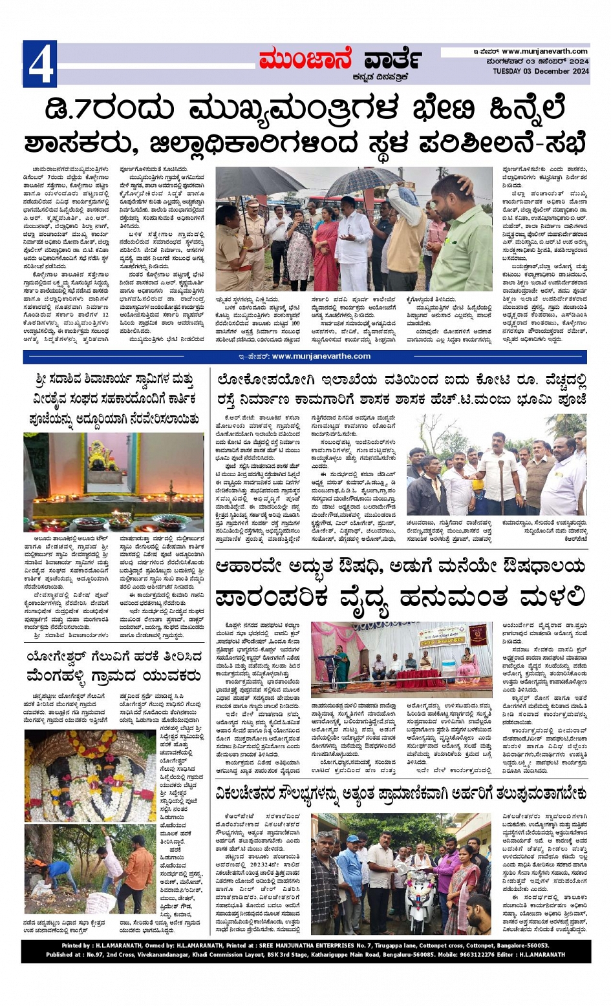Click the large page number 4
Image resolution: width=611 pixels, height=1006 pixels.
(x=40, y=63)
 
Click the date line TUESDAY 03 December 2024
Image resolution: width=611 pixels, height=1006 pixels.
(x=541, y=71)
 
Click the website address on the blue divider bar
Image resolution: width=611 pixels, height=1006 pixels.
(x=321, y=356)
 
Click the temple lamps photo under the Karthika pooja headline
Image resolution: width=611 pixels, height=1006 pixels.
(x=114, y=483)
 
